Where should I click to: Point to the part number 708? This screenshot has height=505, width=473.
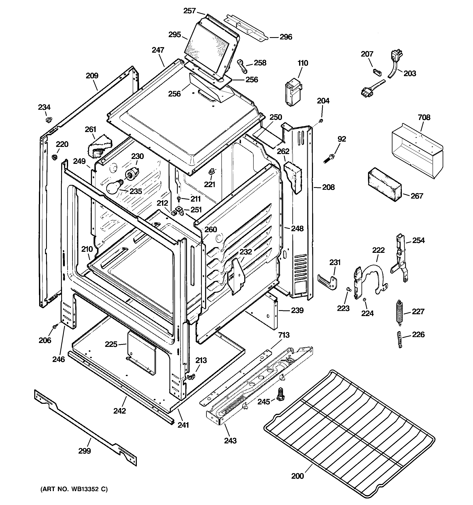[424, 117]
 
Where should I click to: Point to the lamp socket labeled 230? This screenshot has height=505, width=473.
[133, 174]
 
